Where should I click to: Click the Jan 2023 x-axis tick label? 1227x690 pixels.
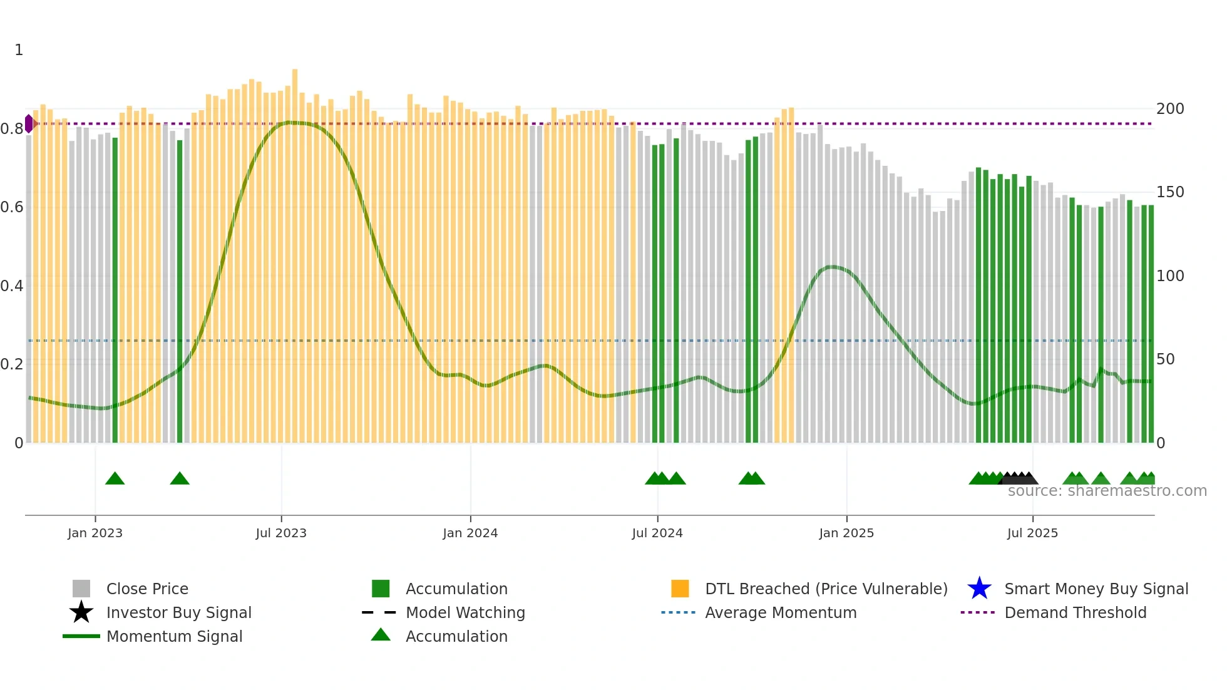(95, 533)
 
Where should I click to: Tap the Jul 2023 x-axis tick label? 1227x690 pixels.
(281, 533)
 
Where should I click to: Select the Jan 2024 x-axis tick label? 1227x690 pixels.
(470, 533)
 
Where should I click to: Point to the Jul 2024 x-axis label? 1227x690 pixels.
(657, 533)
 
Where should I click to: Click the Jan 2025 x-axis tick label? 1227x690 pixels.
(846, 533)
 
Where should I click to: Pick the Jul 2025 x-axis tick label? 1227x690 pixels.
(1032, 533)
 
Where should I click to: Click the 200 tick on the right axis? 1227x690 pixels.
(1170, 109)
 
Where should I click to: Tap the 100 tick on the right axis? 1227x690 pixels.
(1170, 276)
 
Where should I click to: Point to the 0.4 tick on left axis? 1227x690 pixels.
(12, 286)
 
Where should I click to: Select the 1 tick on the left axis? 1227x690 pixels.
(19, 50)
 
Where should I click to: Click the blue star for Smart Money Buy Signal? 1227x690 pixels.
(979, 589)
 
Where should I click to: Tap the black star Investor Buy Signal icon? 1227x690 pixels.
(81, 612)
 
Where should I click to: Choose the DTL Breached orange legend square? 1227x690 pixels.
(680, 589)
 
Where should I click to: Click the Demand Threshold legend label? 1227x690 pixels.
(1075, 612)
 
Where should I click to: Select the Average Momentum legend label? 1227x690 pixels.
(781, 612)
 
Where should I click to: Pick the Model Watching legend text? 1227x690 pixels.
(465, 612)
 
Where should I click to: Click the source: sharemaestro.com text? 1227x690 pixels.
(1107, 491)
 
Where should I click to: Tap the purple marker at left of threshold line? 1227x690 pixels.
(29, 123)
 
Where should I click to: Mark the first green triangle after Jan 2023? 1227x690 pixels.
(115, 479)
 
